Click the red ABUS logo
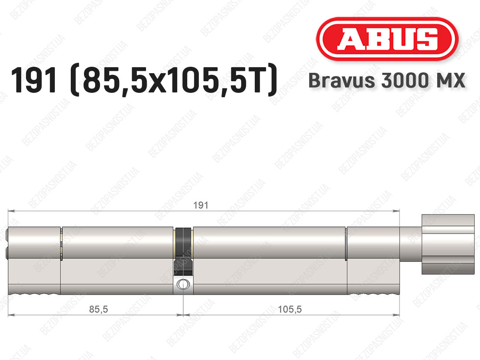(387, 39)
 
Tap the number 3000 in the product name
(404, 80)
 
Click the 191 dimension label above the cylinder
(201, 205)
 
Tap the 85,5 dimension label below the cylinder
(98, 309)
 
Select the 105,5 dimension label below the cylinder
(290, 309)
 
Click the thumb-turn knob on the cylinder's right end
(448, 244)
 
